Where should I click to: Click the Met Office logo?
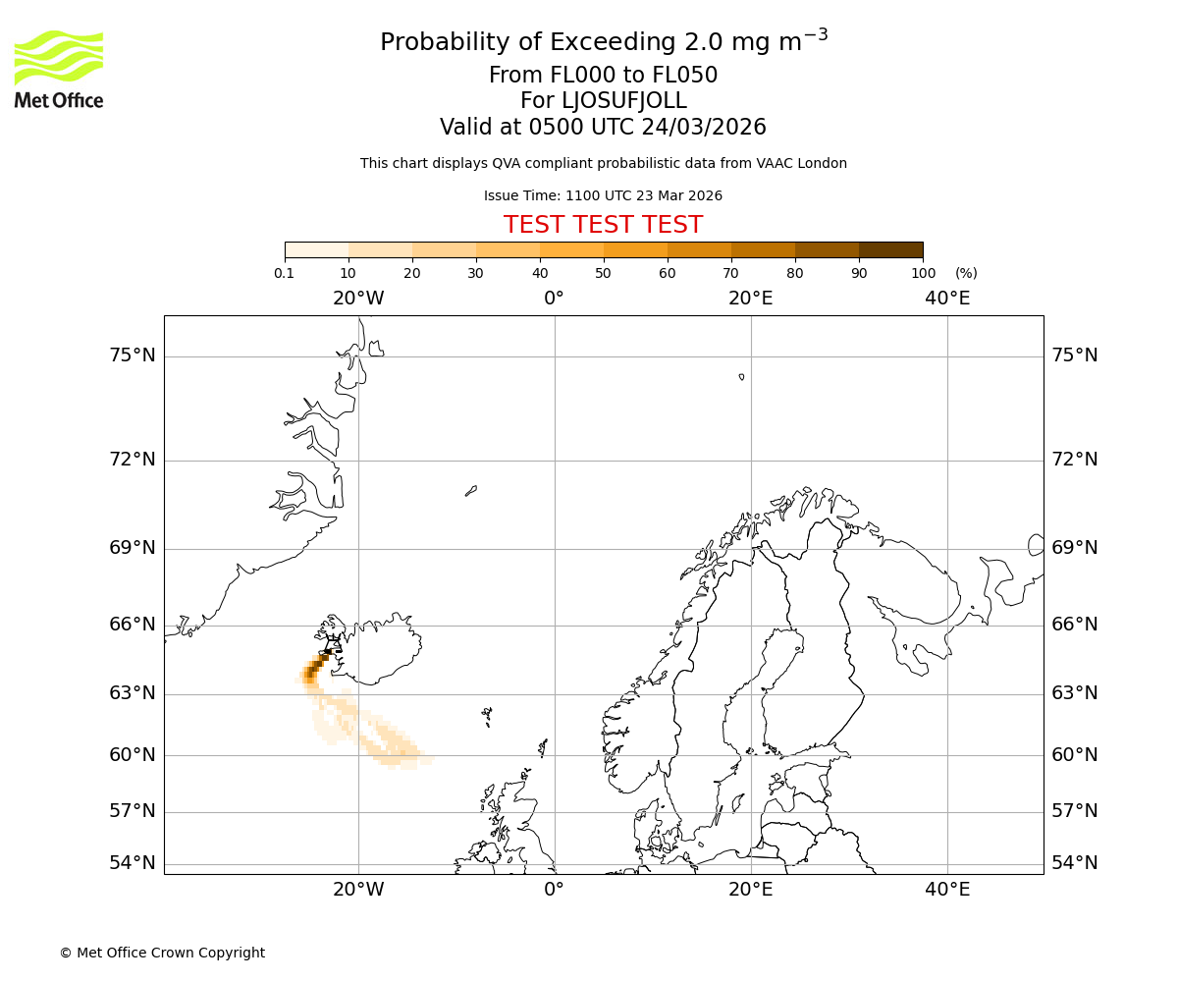pos(59,69)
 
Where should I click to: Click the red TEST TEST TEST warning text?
pos(603,225)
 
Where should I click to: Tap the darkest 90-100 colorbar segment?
pos(890,249)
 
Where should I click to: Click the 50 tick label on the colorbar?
pos(603,273)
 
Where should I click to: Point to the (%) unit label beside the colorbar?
pos(966,273)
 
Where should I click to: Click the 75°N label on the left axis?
pos(133,355)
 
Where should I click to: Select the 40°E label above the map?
pos(947,299)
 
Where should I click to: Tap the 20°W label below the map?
pos(358,890)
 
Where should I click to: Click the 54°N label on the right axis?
pos(1075,863)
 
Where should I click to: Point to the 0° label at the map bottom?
pos(555,890)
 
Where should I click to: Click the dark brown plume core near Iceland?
pos(311,672)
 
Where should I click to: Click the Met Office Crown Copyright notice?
pos(162,953)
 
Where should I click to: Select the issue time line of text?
pos(603,195)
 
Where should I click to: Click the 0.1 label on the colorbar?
pos(285,273)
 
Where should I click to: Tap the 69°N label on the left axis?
pos(133,548)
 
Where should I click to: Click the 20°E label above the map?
pos(751,299)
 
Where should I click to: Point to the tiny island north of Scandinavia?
pos(741,376)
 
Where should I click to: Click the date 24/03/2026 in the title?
pos(704,127)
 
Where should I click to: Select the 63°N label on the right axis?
pos(1075,693)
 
